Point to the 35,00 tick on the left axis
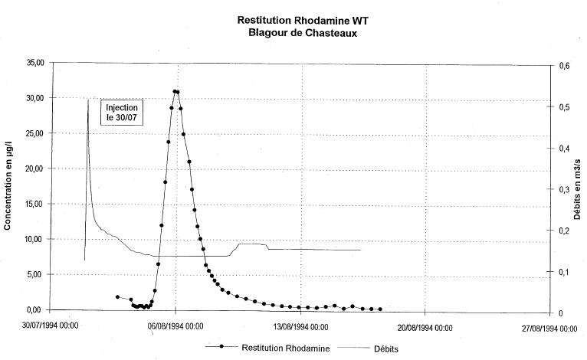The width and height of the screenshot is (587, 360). (36, 63)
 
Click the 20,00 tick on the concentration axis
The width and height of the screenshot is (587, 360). (36, 169)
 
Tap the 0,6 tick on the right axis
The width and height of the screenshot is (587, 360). (566, 67)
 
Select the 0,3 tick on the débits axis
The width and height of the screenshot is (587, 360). (566, 190)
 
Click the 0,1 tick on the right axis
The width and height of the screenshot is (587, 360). (566, 272)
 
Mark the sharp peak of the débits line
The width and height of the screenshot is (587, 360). (88, 99)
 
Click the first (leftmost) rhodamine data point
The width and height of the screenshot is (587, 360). (117, 297)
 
